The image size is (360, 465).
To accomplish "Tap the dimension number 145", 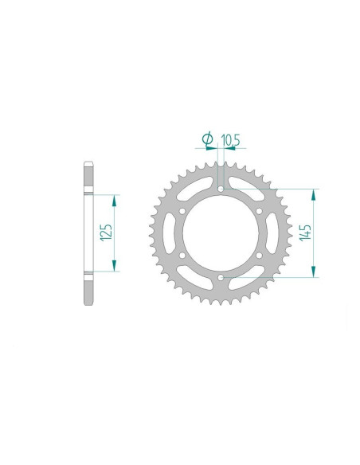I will click(306, 232).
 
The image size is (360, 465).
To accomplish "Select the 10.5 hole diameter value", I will click(231, 141).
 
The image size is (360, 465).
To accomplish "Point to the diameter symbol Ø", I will click(208, 141).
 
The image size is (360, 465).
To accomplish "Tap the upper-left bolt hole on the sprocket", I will click(182, 211).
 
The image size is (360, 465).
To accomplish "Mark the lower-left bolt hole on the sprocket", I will click(182, 255).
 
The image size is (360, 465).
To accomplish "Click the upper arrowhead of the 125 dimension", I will click(116, 198).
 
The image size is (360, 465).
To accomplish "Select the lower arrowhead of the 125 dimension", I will click(116, 267).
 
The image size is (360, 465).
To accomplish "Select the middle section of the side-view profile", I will click(87, 232).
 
